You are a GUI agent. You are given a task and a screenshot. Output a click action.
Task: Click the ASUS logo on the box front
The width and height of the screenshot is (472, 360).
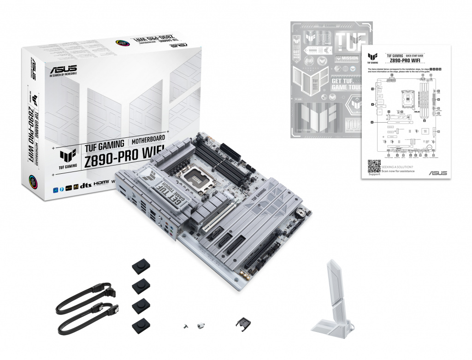[63, 71]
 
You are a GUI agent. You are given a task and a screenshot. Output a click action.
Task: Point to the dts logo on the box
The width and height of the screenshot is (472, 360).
[84, 185]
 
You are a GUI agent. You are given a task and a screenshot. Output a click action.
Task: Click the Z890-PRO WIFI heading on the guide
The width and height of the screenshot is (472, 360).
[405, 60]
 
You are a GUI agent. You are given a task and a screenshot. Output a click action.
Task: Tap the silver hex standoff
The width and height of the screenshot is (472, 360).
[200, 325]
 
